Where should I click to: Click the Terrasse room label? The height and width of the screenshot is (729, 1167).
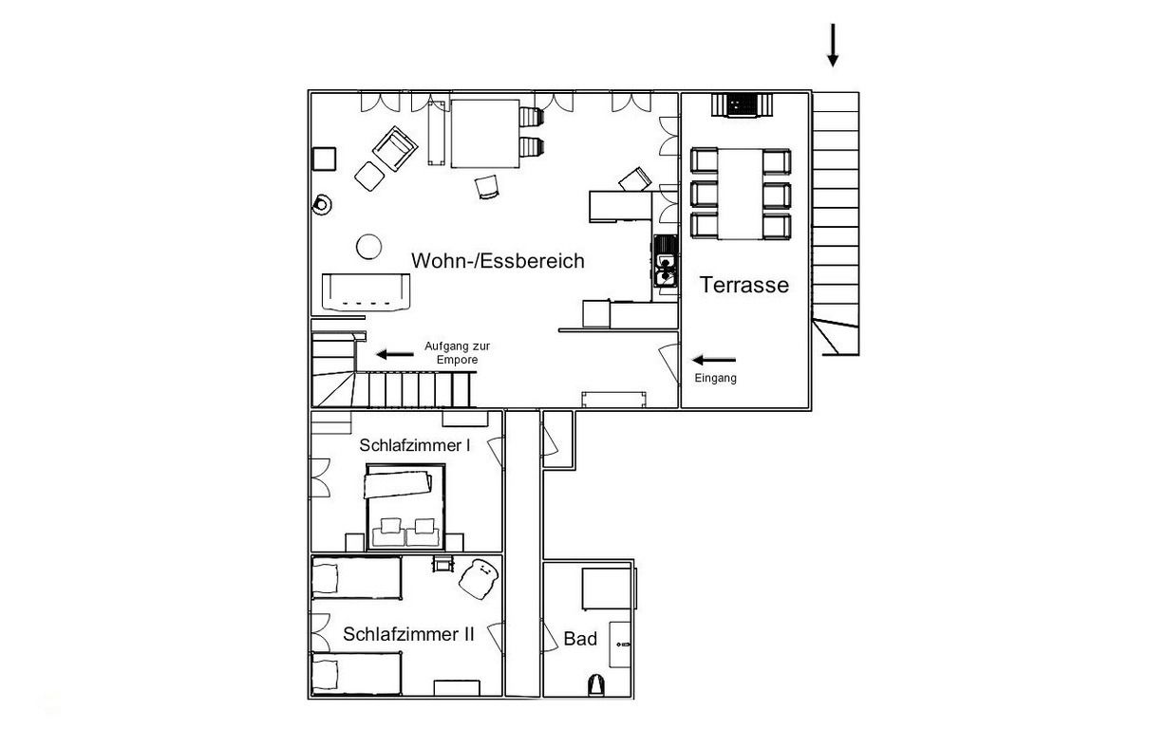point(743,285)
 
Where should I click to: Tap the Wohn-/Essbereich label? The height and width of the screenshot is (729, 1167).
point(498,260)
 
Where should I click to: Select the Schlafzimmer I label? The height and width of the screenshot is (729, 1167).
point(415,445)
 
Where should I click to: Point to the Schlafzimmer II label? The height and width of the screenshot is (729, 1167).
point(408,634)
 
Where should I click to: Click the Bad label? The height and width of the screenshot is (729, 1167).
point(580,639)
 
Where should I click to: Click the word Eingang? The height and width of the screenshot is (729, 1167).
point(715,379)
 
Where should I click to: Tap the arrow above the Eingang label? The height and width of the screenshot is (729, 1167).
point(714,360)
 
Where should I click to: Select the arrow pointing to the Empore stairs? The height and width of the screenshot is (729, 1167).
point(395,355)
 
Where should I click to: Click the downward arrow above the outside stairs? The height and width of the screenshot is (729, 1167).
point(833,46)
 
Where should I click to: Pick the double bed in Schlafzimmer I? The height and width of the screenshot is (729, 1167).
point(405,507)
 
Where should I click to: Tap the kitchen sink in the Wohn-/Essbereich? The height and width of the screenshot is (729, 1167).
point(666,261)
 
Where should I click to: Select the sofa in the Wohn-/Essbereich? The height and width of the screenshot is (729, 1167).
point(366,291)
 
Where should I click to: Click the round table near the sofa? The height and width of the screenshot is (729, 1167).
point(368,246)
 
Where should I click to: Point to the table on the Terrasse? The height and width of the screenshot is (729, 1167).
point(740,194)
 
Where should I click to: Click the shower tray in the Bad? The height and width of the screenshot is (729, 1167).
point(607,589)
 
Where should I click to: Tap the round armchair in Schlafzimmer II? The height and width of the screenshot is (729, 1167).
point(479,580)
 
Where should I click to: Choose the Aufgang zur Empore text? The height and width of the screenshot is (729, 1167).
point(457,352)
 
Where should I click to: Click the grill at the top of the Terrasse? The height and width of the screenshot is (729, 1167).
point(741,105)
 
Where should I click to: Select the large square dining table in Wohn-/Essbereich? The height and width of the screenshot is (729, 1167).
point(485,134)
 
